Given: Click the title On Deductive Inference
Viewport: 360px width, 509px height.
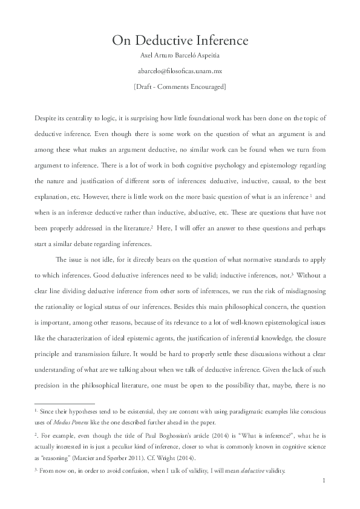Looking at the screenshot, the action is [180, 41].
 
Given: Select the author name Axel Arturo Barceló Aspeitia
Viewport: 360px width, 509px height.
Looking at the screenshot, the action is [180, 58].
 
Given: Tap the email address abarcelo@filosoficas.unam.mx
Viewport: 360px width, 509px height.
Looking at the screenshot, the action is [180, 72].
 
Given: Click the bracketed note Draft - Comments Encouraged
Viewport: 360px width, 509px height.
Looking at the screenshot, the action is [180, 86].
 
